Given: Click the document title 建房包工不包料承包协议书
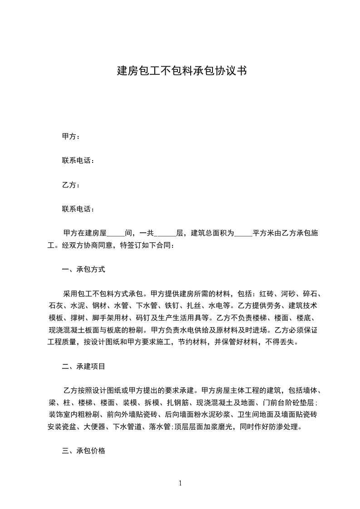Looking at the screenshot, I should click(182, 71).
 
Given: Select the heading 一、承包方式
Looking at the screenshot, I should click(84, 269).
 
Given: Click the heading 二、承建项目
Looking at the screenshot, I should click(84, 366).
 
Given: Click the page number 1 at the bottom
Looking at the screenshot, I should click(180, 483).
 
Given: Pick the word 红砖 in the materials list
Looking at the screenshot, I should click(266, 294).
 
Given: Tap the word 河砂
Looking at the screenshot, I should click(288, 294).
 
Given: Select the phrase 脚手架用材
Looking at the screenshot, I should click(106, 318).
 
